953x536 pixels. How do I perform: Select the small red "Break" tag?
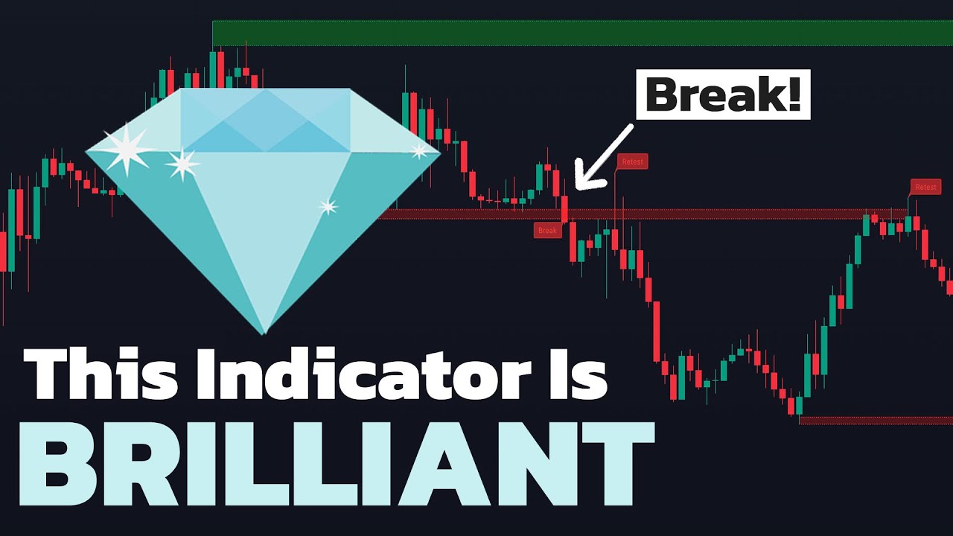tap(547, 231)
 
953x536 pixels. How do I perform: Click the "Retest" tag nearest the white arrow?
tap(632, 161)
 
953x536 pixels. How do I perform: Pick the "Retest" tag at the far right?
tap(925, 187)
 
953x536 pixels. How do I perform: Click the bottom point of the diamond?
tap(264, 333)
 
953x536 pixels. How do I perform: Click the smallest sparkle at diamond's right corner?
tap(419, 151)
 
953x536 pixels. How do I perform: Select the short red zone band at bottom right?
tap(876, 421)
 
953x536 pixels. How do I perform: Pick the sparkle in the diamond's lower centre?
tap(328, 206)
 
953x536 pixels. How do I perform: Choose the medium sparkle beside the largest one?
tap(182, 164)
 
